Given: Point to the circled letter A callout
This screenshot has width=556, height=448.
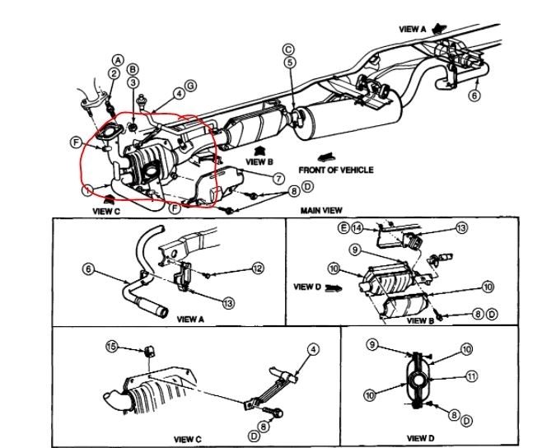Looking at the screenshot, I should (x=118, y=60).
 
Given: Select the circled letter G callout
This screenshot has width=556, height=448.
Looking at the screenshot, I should (x=191, y=86).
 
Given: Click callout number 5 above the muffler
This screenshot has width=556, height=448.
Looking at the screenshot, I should (x=289, y=63).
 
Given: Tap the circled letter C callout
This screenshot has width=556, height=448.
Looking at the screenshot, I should (x=288, y=49).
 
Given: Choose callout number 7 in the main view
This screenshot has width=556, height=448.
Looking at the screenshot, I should (x=278, y=178).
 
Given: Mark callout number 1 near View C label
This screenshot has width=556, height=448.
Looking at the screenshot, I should (x=88, y=191).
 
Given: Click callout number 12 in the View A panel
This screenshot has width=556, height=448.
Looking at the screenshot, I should (x=258, y=268).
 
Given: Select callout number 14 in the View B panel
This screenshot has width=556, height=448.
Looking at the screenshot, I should (x=356, y=226).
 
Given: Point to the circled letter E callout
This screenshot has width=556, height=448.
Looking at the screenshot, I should (x=342, y=226).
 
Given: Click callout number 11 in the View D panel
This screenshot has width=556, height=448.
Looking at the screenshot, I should (x=471, y=376).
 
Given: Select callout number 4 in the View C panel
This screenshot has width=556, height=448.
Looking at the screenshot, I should (x=312, y=349).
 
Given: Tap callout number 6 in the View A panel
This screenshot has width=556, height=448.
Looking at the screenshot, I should (x=88, y=268).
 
